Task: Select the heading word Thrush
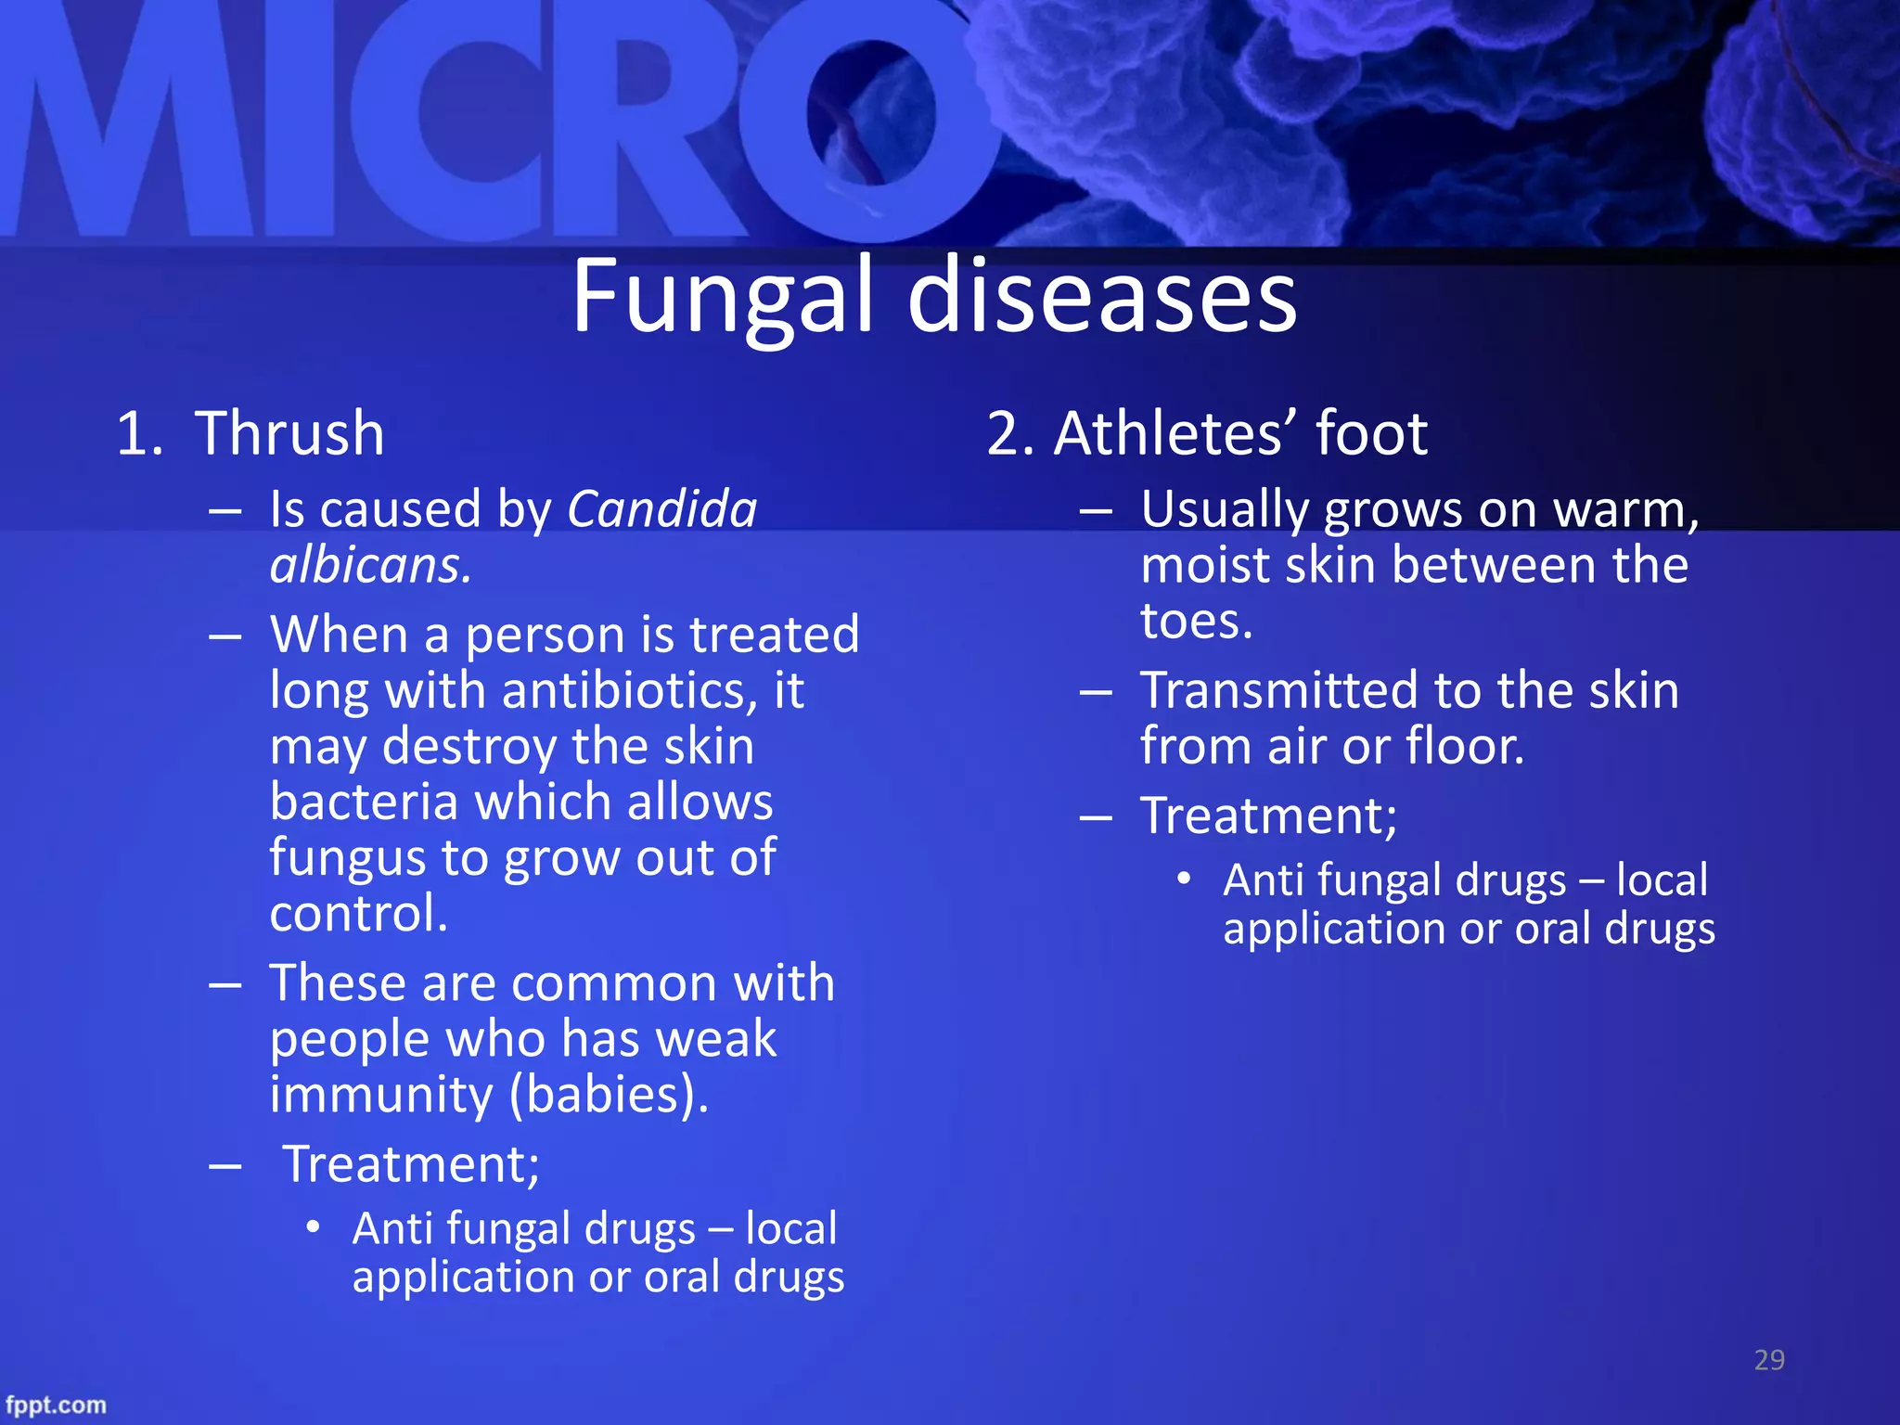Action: (x=289, y=433)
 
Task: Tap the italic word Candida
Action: (x=662, y=509)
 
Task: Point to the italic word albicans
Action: (x=370, y=565)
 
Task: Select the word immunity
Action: (x=381, y=1094)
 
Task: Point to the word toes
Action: (x=1196, y=621)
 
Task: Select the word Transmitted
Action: (x=1278, y=690)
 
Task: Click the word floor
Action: (x=1465, y=746)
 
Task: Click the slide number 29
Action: (x=1769, y=1360)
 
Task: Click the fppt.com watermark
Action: (x=56, y=1405)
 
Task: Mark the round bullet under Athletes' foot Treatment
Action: (x=1184, y=879)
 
